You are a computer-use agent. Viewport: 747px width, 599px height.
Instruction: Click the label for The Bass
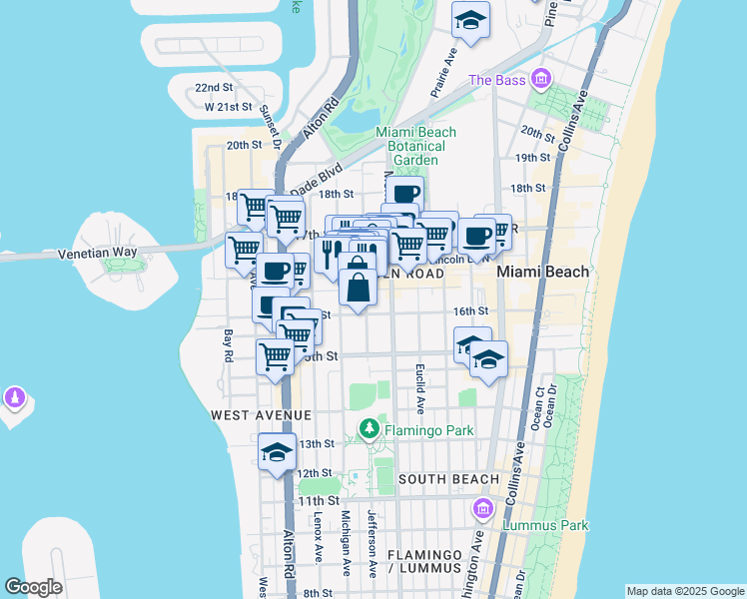click(x=496, y=80)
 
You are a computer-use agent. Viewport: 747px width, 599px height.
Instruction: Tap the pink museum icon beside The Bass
click(x=540, y=78)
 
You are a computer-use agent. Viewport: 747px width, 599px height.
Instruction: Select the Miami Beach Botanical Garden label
click(x=415, y=146)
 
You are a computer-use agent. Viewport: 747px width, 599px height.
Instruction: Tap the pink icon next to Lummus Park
click(x=484, y=509)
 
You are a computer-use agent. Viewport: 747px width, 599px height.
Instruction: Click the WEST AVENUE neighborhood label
click(x=261, y=414)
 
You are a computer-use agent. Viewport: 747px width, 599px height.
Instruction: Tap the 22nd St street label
click(x=213, y=88)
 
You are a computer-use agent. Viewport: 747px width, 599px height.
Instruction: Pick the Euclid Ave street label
click(x=420, y=388)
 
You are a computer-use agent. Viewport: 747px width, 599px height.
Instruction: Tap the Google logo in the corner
click(x=33, y=587)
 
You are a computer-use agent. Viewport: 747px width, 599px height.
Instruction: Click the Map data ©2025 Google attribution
click(x=685, y=591)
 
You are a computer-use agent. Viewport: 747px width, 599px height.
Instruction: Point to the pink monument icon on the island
click(x=14, y=398)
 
